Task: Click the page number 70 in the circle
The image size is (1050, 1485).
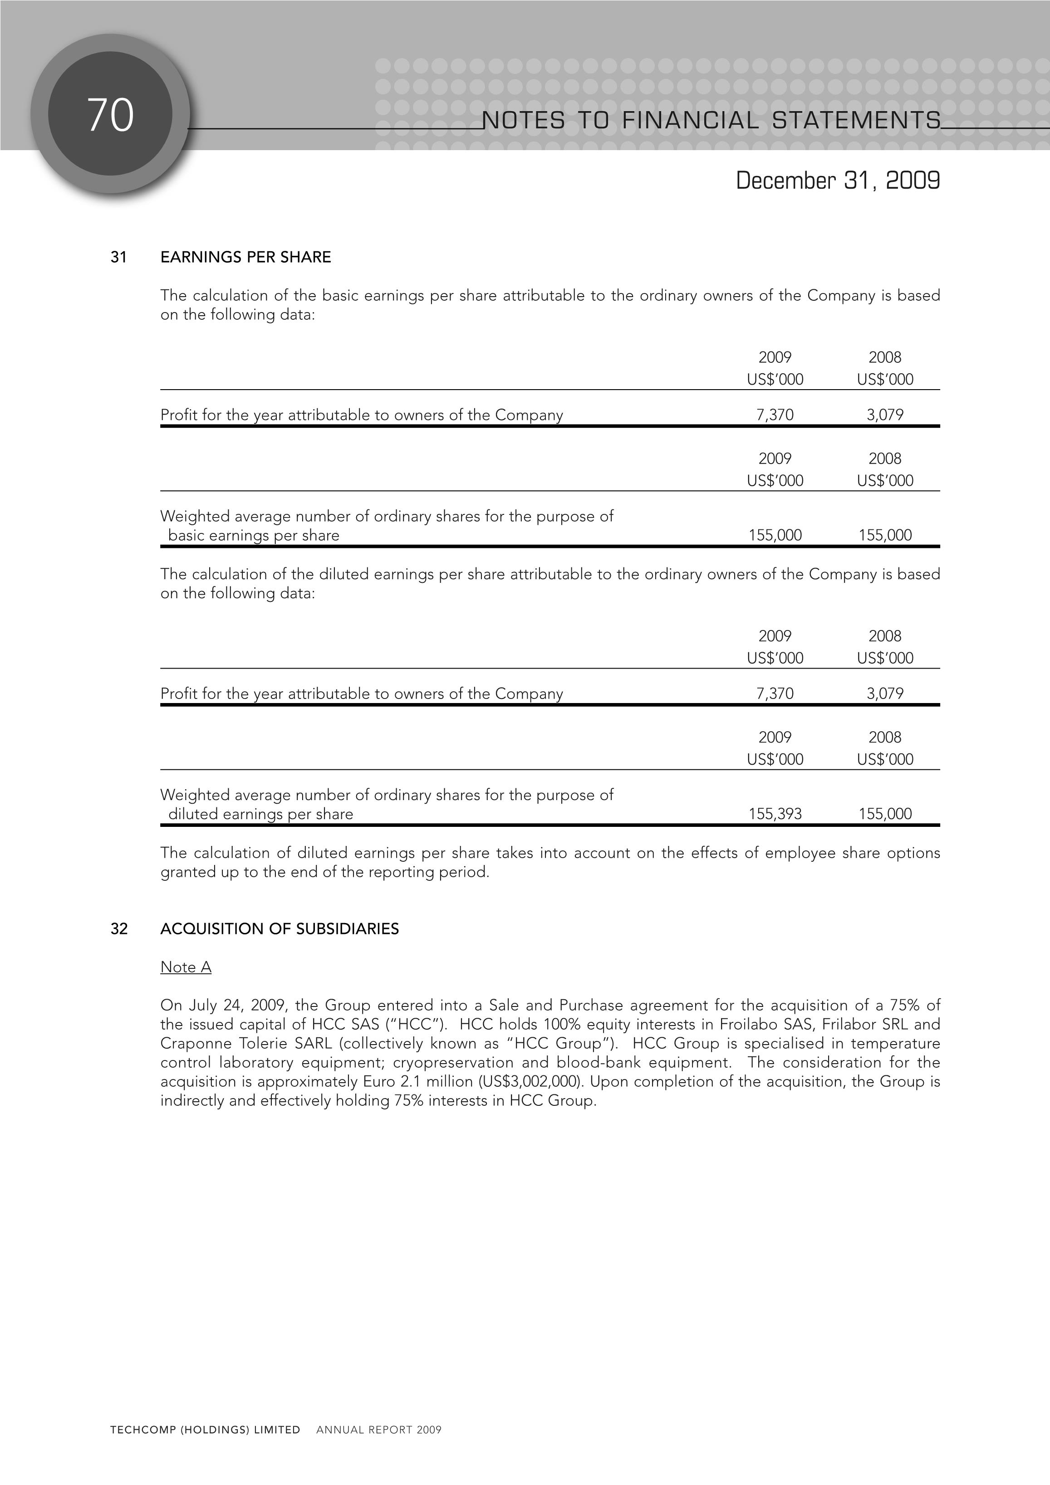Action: pyautogui.click(x=111, y=115)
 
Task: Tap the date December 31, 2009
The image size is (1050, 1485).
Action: pyautogui.click(x=838, y=181)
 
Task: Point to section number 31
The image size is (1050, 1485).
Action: pyautogui.click(x=118, y=258)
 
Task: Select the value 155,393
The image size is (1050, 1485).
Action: pyautogui.click(x=775, y=814)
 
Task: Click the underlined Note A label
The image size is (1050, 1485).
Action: pyautogui.click(x=186, y=967)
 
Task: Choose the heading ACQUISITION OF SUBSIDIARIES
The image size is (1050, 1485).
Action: pyautogui.click(x=280, y=929)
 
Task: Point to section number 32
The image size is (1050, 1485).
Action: pyautogui.click(x=119, y=929)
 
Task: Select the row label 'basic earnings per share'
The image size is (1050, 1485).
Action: pyautogui.click(x=254, y=536)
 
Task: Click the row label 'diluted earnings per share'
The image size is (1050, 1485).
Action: pyautogui.click(x=261, y=814)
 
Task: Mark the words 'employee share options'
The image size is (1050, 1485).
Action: pyautogui.click(x=852, y=853)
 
